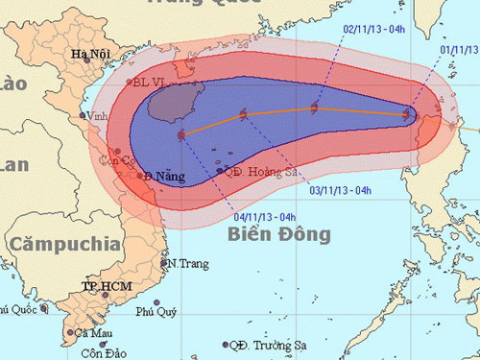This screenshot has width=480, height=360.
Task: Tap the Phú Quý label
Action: pyautogui.click(x=157, y=311)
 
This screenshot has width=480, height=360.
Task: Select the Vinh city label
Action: pyautogui.click(x=94, y=116)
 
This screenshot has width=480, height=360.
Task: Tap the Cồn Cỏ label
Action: pyautogui.click(x=125, y=160)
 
